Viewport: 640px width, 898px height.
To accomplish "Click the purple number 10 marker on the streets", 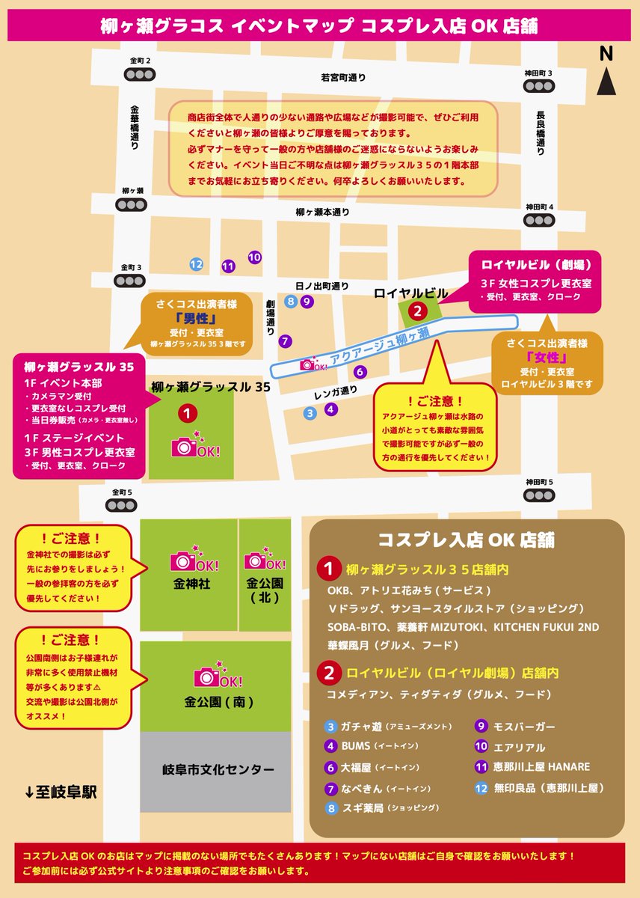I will pos(254,257).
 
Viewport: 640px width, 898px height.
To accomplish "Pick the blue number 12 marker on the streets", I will pos(196,264).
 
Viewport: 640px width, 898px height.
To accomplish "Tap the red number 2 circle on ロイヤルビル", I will pos(418,310).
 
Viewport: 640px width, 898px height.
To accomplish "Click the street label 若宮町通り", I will pos(343,77).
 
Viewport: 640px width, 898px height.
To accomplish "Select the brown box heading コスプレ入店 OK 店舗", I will pos(467,540).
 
